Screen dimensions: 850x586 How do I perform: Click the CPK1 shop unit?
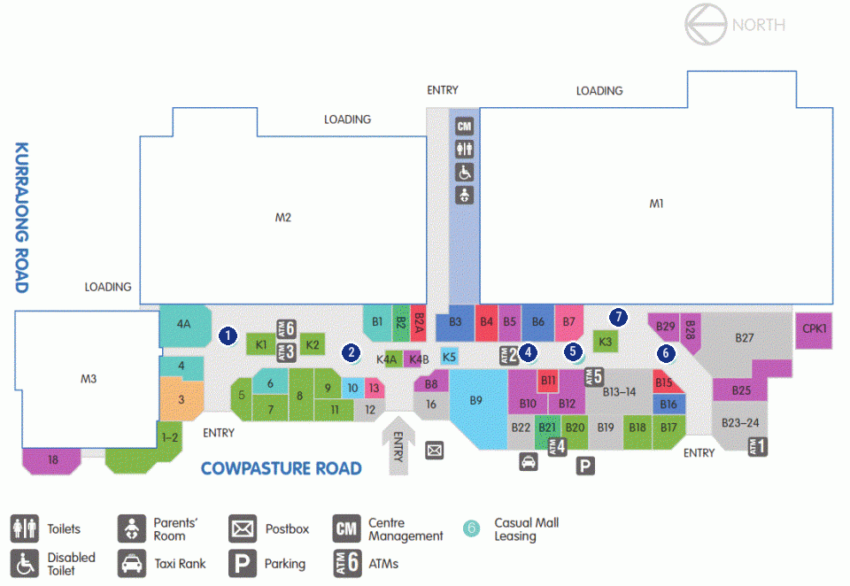pos(813,330)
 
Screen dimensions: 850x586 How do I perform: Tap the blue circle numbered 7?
pos(618,317)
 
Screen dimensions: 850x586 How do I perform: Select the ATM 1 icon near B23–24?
pos(757,447)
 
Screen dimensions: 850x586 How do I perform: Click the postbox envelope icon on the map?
pos(434,450)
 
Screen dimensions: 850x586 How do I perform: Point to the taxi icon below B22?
pos(529,462)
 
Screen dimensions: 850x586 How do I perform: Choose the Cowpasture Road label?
pos(281,468)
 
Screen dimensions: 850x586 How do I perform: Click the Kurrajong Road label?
pos(21,218)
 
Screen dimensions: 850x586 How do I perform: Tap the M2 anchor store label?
pos(283,218)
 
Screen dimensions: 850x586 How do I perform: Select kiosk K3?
pos(605,342)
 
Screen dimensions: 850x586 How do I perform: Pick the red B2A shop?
pos(418,323)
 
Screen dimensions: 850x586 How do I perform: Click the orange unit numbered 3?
pos(182,399)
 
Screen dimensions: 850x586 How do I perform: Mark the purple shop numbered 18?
pos(52,461)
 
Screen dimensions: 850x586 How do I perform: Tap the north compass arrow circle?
pos(706,25)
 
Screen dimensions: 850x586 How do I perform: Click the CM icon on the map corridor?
pos(464,127)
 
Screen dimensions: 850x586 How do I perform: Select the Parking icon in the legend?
pos(242,564)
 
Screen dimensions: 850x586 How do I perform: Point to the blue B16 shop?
pos(668,405)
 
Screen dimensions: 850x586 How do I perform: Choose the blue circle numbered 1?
pos(228,335)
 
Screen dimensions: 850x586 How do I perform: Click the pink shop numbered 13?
pos(374,388)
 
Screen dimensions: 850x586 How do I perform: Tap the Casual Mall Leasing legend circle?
pos(472,528)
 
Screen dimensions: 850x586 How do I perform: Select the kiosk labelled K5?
pos(450,357)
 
